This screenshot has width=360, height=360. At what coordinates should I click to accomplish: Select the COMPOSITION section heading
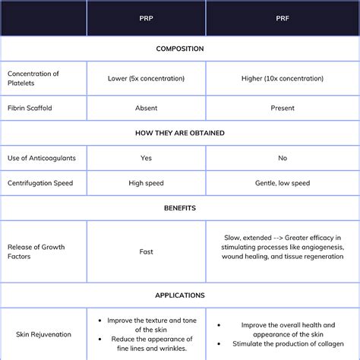coord(180,49)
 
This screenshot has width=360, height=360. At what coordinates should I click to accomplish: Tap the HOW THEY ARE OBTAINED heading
coord(180,132)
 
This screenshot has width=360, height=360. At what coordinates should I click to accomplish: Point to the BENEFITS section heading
coord(180,207)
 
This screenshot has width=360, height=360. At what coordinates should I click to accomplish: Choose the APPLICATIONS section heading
coord(180,295)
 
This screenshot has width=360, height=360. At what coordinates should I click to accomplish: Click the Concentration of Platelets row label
coord(33,78)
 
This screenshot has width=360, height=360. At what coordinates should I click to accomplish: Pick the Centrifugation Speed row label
coord(40,183)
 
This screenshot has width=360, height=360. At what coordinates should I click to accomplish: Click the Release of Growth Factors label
coord(36,251)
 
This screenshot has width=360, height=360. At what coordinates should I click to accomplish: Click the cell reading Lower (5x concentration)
coord(146,78)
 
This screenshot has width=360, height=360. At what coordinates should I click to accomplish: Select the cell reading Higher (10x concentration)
coord(283,78)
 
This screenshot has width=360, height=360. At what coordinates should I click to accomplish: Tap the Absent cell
coord(146,108)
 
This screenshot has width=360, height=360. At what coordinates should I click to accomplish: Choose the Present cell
coord(283,108)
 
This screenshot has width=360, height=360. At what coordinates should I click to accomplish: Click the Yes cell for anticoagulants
coord(146,158)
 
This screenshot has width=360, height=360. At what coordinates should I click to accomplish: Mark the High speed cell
coord(146,183)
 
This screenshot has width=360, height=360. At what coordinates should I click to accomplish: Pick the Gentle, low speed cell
coord(283,183)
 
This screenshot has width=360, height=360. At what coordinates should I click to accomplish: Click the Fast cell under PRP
coord(146,251)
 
